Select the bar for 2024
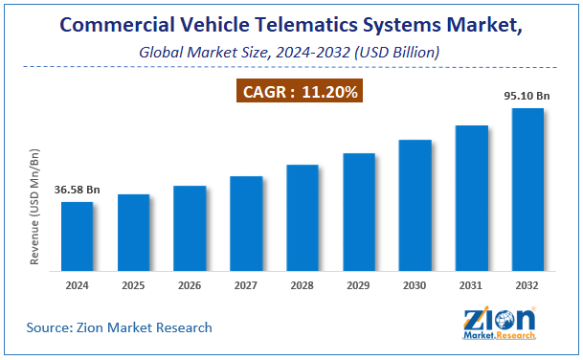click(77, 236)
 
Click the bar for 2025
click(133, 233)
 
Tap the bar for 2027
click(246, 223)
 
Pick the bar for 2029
click(359, 212)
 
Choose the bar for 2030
click(415, 205)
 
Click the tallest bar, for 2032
click(527, 190)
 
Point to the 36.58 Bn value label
click(77, 190)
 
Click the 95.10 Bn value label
click(527, 96)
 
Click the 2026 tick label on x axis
click(190, 284)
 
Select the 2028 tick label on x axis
click(303, 284)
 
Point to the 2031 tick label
click(471, 284)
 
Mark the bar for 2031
click(471, 198)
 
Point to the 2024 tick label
click(77, 284)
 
